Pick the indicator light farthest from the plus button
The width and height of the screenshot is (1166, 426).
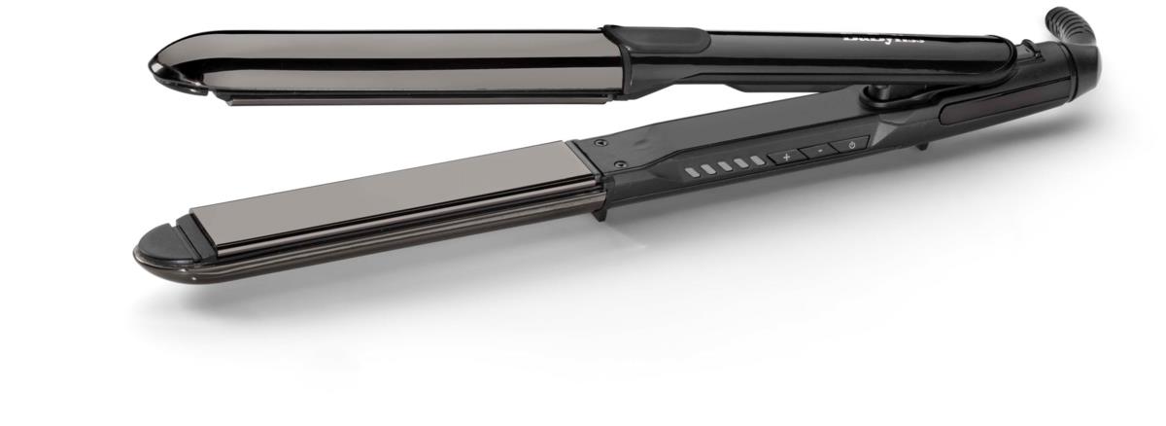(691, 172)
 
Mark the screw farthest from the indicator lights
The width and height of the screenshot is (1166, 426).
(600, 141)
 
